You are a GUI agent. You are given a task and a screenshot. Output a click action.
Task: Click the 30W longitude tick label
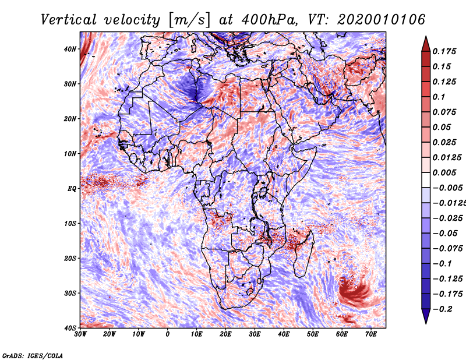[x=80, y=334]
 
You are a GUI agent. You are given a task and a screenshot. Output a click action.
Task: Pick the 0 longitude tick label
[x=168, y=334]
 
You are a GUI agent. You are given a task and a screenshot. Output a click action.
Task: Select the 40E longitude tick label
[x=284, y=334]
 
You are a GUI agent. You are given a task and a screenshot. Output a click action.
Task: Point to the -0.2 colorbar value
[x=445, y=309]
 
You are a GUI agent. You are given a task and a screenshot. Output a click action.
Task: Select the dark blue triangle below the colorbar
[x=425, y=316]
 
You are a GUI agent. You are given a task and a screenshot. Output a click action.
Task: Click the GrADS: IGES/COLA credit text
[x=33, y=355]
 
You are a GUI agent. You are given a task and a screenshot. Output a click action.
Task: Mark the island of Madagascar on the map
[x=305, y=253]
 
